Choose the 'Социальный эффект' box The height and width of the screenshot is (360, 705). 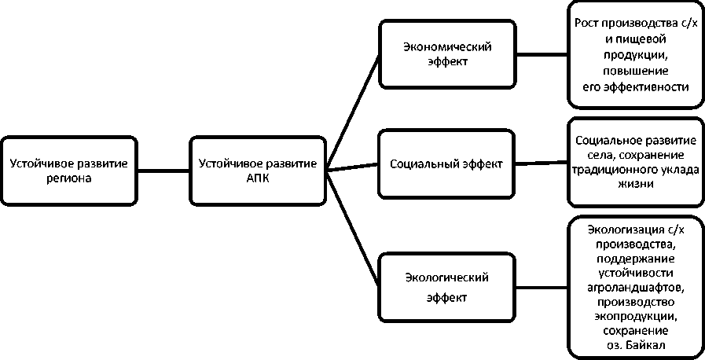click(x=447, y=165)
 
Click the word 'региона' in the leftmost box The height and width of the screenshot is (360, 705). click(x=68, y=178)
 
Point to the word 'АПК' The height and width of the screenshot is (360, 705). click(x=258, y=178)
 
